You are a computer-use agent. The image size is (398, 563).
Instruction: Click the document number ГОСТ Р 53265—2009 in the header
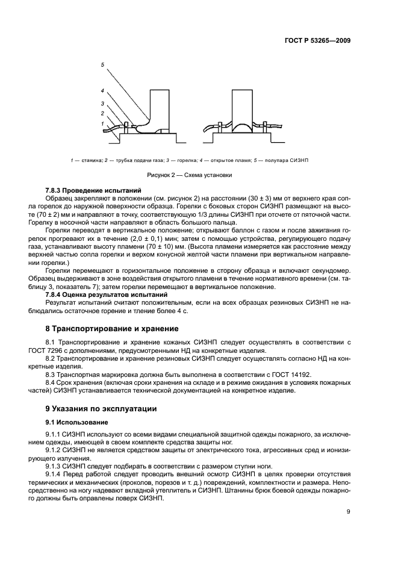[317, 40]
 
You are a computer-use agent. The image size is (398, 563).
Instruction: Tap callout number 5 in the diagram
[102, 64]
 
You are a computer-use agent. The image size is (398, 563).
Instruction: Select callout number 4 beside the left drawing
[102, 91]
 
